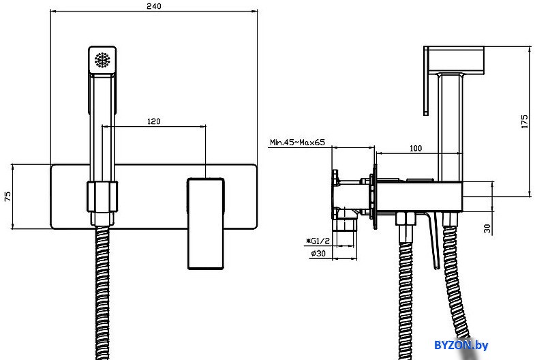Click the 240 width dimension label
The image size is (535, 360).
click(154, 6)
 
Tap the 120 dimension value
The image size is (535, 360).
click(153, 121)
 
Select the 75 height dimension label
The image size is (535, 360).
click(7, 196)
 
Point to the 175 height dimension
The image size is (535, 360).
click(524, 121)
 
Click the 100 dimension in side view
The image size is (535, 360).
click(415, 149)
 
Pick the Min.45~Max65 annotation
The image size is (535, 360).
click(297, 142)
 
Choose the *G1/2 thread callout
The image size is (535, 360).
click(318, 241)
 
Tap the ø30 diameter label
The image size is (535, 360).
click(318, 253)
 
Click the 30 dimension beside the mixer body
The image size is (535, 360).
click(488, 228)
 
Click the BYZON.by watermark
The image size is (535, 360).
click(461, 345)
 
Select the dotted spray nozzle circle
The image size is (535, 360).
click(102, 60)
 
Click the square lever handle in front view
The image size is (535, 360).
click(206, 224)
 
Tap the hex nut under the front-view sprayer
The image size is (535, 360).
click(102, 196)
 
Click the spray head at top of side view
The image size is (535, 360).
click(454, 60)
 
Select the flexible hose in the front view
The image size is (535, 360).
click(102, 292)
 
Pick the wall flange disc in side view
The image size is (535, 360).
click(375, 196)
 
